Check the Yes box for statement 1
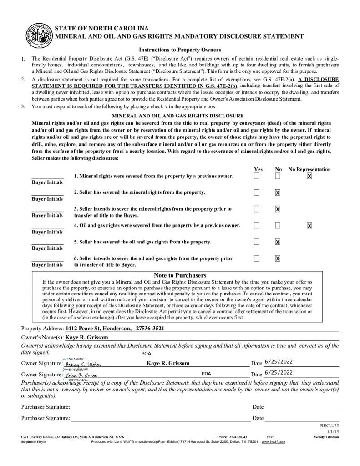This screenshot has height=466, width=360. [257, 176]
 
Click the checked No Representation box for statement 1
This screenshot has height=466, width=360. [309, 176]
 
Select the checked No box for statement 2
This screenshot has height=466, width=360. [278, 192]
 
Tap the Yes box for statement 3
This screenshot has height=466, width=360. [257, 209]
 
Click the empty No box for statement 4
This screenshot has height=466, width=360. [278, 225]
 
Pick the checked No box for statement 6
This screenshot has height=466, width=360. [278, 258]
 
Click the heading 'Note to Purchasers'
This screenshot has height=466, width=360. [180, 275]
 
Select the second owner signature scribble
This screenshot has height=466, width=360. [82, 375]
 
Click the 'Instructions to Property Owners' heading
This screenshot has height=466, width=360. [180, 50]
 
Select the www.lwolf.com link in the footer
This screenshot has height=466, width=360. [274, 441]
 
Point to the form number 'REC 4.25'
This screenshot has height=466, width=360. [330, 425]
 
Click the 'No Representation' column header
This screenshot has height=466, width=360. [309, 169]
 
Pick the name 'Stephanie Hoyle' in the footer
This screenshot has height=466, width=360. [34, 441]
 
